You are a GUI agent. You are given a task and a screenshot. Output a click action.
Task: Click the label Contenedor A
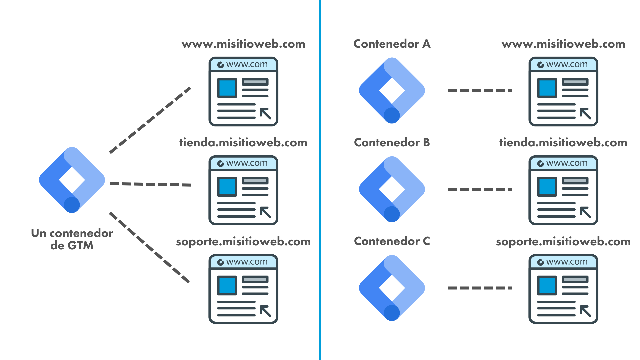[392, 44]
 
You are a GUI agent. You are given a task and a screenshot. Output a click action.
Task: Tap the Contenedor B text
[392, 142]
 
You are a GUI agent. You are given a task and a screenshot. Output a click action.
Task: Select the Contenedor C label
[392, 241]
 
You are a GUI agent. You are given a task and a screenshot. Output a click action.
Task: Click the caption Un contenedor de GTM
[72, 239]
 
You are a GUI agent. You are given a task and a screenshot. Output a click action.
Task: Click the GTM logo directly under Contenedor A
[392, 90]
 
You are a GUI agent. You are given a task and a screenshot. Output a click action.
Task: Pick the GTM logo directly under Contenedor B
[392, 189]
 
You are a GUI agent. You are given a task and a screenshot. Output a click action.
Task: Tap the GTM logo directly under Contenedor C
[392, 288]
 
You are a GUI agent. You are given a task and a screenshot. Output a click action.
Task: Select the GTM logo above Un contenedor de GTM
[72, 180]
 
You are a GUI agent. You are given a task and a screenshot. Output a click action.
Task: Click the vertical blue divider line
[320, 180]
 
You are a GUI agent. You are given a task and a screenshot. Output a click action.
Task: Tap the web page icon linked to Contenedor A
[563, 91]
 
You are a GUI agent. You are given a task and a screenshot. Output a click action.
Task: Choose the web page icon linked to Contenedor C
[563, 289]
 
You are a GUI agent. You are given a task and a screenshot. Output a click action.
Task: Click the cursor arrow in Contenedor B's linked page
[585, 212]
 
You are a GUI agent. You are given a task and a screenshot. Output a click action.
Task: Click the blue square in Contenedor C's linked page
[547, 285]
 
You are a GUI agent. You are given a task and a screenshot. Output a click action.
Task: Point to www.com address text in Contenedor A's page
[567, 64]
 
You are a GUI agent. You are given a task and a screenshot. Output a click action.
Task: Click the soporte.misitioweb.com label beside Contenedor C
[563, 241]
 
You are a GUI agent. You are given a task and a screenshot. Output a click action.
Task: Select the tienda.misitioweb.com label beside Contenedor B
[563, 143]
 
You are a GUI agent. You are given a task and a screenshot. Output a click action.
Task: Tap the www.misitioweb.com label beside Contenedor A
[563, 44]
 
